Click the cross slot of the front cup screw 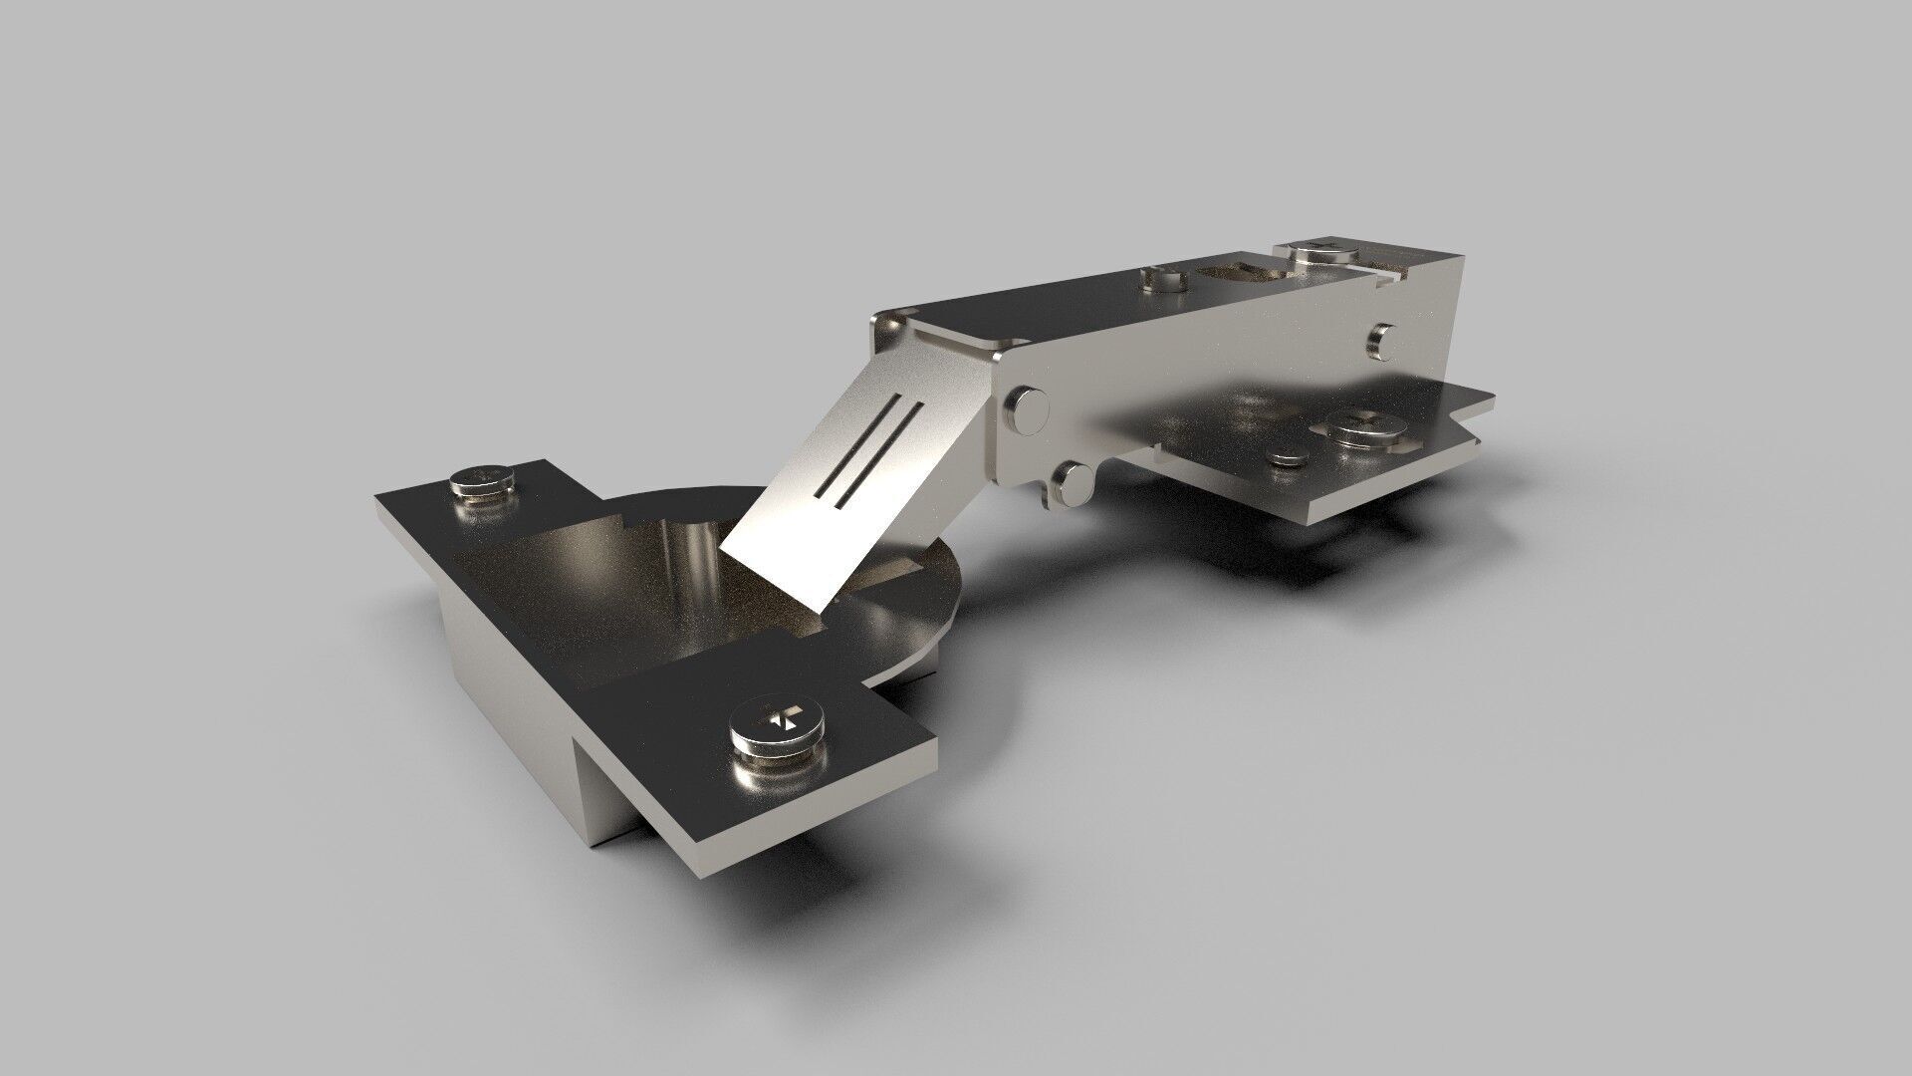click(x=781, y=716)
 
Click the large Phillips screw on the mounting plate click(x=1360, y=424)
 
